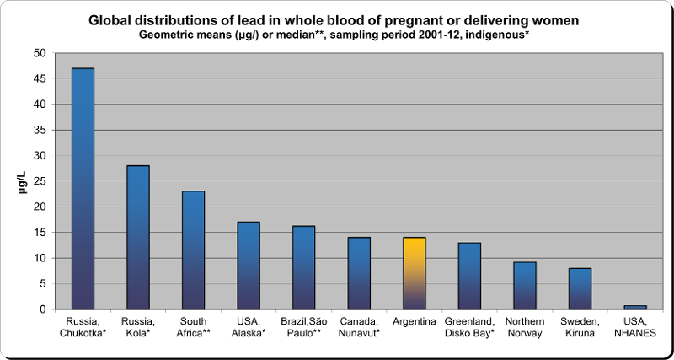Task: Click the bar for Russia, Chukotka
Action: (x=83, y=189)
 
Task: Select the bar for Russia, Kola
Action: (x=138, y=238)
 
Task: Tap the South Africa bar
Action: (x=194, y=250)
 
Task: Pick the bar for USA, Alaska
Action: (x=249, y=266)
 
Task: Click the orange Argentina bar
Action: (x=415, y=273)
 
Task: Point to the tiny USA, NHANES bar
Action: (x=636, y=307)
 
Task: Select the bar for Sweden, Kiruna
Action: (x=580, y=288)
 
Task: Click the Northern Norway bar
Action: (x=525, y=286)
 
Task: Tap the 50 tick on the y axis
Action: (x=40, y=53)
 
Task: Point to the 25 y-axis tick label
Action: (x=40, y=181)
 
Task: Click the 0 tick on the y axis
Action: (x=43, y=309)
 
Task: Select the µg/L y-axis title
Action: (x=24, y=180)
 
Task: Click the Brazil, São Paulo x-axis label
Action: (x=304, y=327)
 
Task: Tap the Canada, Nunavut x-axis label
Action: (x=359, y=327)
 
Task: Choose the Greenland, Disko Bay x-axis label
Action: (x=470, y=327)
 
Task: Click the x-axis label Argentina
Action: (x=415, y=322)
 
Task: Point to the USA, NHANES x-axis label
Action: (x=636, y=327)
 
